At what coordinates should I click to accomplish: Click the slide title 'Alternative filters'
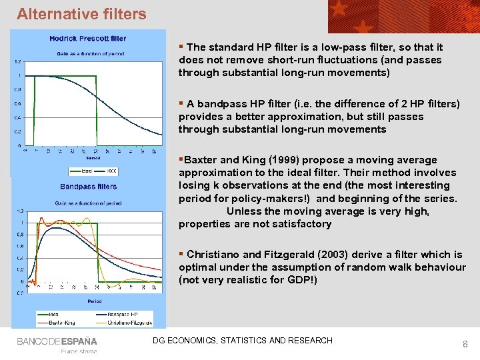pos(81,13)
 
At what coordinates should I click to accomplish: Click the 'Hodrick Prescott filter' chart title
pos(87,39)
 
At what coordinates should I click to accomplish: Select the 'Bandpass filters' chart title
pos(89,187)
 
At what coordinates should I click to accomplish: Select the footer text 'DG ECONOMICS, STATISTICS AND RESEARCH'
pos(243,341)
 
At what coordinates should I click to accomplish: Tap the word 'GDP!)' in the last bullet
pos(303,280)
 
